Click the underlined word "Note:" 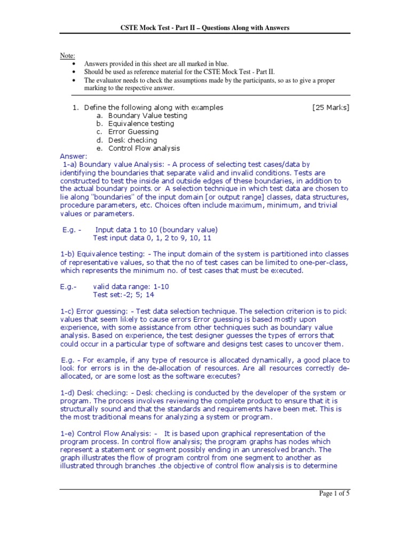coord(67,56)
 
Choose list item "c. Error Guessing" coord(128,131)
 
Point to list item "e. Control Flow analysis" coord(138,148)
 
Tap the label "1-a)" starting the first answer coord(72,165)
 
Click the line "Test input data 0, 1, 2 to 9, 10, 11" coord(155,238)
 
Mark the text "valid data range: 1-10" coord(131,286)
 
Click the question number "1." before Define coord(75,107)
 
